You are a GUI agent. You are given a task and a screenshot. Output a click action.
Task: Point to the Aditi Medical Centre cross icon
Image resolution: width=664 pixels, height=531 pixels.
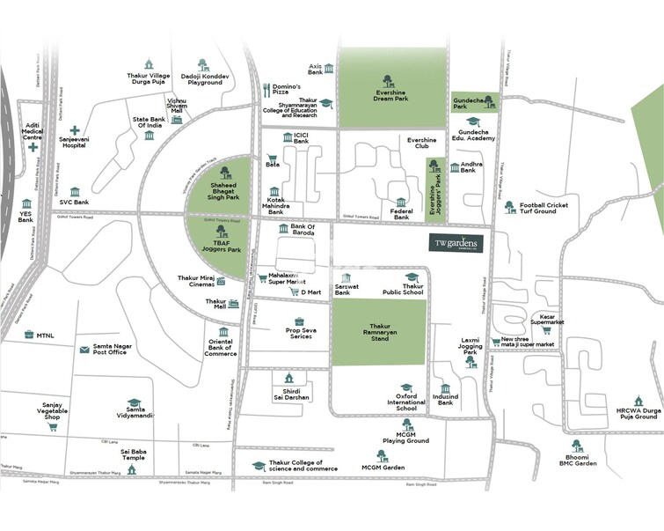point(33,147)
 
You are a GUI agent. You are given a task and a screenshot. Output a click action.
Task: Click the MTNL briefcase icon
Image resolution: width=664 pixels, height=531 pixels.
point(28,335)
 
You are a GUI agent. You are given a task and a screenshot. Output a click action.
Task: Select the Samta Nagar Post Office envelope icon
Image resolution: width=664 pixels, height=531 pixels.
point(84,350)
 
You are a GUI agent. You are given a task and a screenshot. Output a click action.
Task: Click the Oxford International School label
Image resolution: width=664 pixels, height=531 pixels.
point(406,396)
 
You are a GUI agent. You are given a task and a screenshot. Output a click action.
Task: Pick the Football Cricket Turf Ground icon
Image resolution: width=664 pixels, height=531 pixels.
point(508,207)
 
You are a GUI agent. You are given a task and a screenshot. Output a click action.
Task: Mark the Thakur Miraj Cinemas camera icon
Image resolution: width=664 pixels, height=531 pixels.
point(222,281)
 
